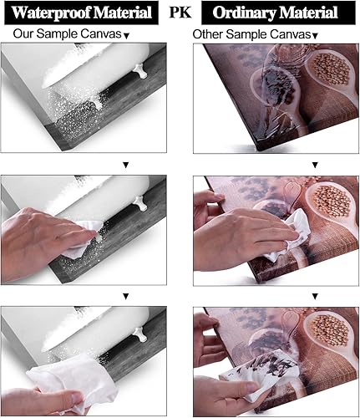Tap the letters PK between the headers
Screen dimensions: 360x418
click(180, 12)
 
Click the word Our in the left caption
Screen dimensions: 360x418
click(23, 33)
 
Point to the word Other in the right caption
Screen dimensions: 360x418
click(208, 34)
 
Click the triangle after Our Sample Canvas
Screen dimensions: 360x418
click(126, 36)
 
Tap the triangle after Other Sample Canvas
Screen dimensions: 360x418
click(315, 36)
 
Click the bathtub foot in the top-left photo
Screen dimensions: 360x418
click(140, 71)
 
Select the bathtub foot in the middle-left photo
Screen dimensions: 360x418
click(140, 203)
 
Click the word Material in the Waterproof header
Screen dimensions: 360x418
click(123, 13)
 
